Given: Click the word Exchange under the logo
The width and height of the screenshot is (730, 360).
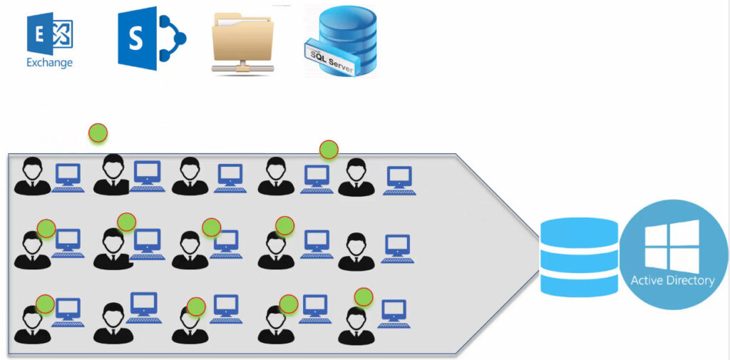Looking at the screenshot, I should pos(49,63).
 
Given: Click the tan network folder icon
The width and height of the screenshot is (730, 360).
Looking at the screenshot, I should pos(243,43).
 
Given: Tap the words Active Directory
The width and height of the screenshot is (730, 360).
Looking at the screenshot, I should pos(672,280).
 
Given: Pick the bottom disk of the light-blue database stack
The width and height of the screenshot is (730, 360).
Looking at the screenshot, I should pos(579,282).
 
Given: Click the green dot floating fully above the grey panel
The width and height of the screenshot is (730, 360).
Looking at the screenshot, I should pos(98,132).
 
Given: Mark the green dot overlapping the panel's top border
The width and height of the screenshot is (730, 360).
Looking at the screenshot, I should pos(329,150).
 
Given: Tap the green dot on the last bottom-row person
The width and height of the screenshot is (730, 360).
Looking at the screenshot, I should pos(364,296).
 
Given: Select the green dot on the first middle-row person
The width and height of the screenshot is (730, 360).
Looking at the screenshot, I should pos(46,228).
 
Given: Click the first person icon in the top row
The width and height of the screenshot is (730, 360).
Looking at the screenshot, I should pos(32,177).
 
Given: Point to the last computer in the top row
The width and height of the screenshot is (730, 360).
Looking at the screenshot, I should pos(399,180).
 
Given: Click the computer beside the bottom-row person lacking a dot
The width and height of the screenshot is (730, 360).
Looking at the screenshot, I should pos(145,307).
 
